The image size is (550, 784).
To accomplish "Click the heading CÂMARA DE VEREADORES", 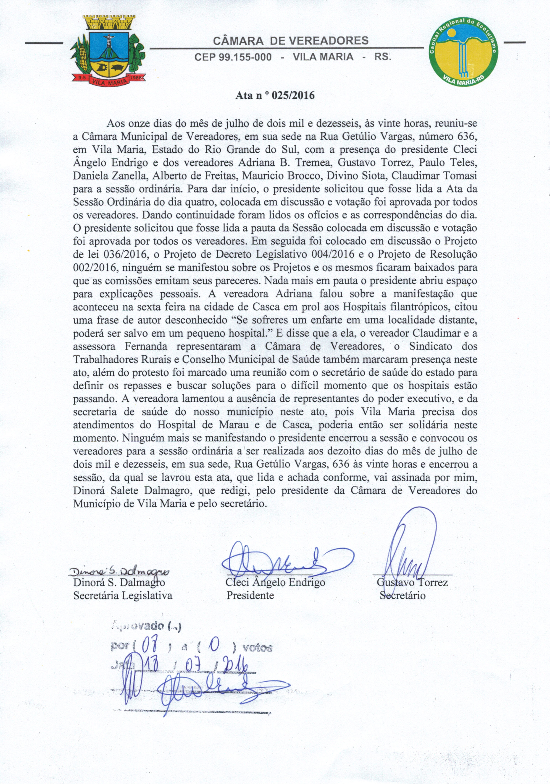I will click(x=291, y=41).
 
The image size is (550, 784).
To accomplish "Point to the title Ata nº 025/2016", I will click(x=275, y=95).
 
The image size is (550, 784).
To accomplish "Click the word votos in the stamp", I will click(x=257, y=648).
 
